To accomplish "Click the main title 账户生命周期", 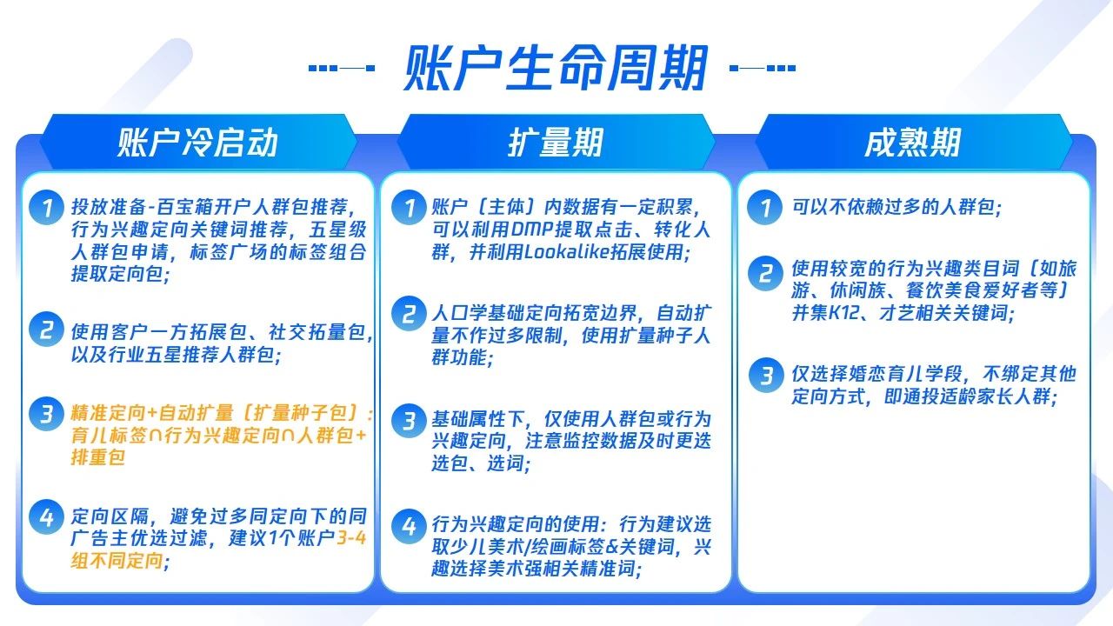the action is [556, 68].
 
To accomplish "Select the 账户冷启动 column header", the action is [197, 143].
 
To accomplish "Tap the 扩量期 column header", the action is [556, 143].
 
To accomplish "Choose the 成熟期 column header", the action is [912, 143].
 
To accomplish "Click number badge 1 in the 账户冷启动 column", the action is [46, 207].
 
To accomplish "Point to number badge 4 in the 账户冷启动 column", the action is [46, 517].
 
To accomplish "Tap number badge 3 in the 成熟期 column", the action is [766, 375].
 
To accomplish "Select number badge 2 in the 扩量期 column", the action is [409, 314].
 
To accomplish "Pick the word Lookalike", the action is [566, 252].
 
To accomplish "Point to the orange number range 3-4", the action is [351, 538].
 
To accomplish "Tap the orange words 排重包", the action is [98, 457].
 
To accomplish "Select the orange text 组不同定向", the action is [117, 561].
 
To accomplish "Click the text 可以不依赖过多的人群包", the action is [893, 207].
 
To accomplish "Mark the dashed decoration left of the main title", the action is [342, 68].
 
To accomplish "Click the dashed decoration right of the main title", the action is [763, 68].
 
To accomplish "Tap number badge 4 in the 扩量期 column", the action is [409, 527].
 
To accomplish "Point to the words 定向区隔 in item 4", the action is [110, 516].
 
